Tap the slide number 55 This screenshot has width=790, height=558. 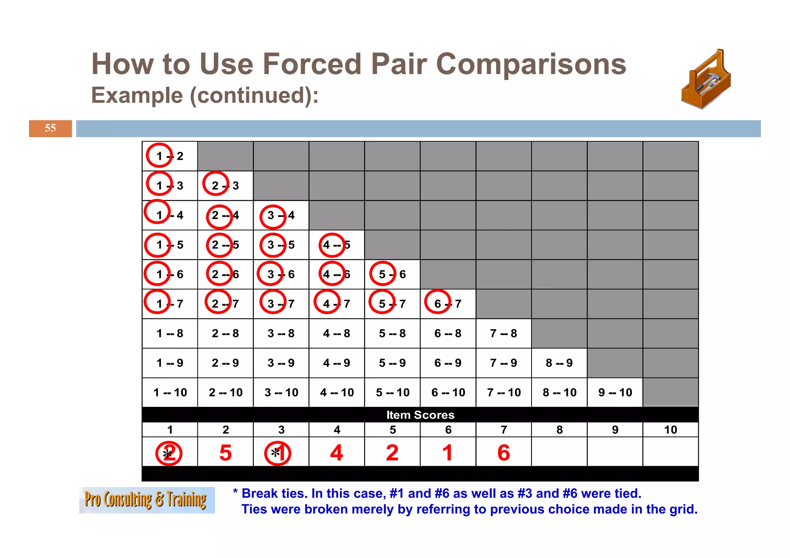50,128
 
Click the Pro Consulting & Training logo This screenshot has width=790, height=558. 147,500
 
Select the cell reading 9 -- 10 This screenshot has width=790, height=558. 615,393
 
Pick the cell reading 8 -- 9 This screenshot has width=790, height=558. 559,363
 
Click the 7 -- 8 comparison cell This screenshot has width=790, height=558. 503,334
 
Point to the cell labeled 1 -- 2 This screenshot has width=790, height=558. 170,156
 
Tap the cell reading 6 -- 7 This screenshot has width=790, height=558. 448,304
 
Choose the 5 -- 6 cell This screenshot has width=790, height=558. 392,274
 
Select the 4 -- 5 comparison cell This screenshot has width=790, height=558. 336,245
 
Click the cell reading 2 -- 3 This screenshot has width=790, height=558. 225,185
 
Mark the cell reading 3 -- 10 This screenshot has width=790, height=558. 281,393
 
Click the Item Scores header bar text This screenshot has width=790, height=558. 420,415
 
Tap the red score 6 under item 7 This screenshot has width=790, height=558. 503,452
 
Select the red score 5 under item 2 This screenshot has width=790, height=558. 225,452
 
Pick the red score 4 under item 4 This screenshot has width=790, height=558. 336,452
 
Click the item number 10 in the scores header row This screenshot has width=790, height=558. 670,430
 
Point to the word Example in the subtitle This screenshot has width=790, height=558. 137,95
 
